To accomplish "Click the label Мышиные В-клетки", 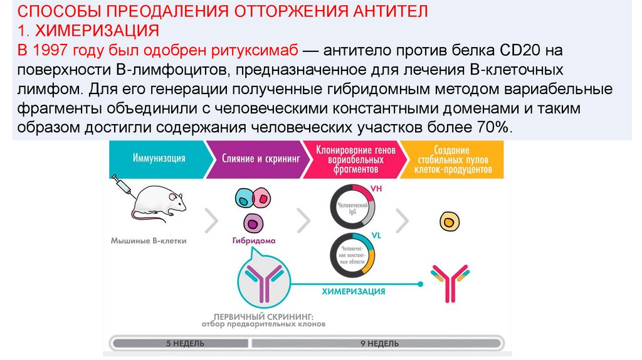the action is click(x=149, y=240).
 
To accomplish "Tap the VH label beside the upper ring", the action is click(x=377, y=188).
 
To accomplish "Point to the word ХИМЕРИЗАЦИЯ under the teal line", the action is click(x=353, y=292).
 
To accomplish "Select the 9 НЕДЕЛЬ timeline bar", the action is click(x=379, y=344).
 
